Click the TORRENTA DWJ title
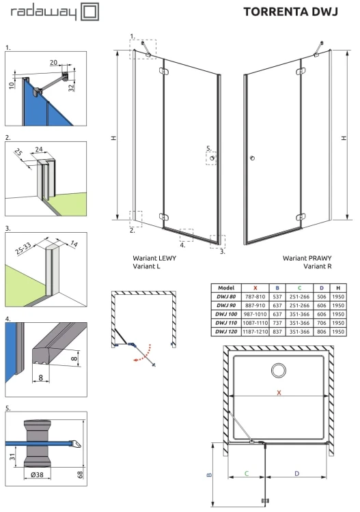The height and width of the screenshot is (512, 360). pos(290,12)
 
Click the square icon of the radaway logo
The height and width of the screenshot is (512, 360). pos(89,12)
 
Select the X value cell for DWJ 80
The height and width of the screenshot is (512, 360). pos(255,296)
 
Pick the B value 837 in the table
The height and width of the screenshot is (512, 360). pos(277,331)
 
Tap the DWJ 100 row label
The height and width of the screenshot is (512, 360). pos(226,314)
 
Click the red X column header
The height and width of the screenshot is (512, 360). pos(255,288)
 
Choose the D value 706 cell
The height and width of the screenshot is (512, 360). pos(322,323)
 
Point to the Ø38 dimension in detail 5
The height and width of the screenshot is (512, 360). pos(37,474)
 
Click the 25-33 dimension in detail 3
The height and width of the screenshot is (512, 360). pos(23,248)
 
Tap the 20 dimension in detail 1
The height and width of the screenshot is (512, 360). pos(53,62)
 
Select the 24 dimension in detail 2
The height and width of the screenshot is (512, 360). pos(39,150)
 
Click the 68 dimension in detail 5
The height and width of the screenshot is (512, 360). pos(80,474)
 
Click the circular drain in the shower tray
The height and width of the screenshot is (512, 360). pos(278,370)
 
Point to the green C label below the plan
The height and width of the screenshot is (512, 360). pos(247,473)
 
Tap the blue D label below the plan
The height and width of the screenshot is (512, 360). pos(296,473)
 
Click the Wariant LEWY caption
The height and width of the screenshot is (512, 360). pos(154,258)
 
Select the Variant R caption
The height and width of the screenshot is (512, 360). pos(317,266)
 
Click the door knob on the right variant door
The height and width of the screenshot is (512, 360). pos(252,158)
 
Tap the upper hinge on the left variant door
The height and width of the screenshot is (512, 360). pos(163,71)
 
